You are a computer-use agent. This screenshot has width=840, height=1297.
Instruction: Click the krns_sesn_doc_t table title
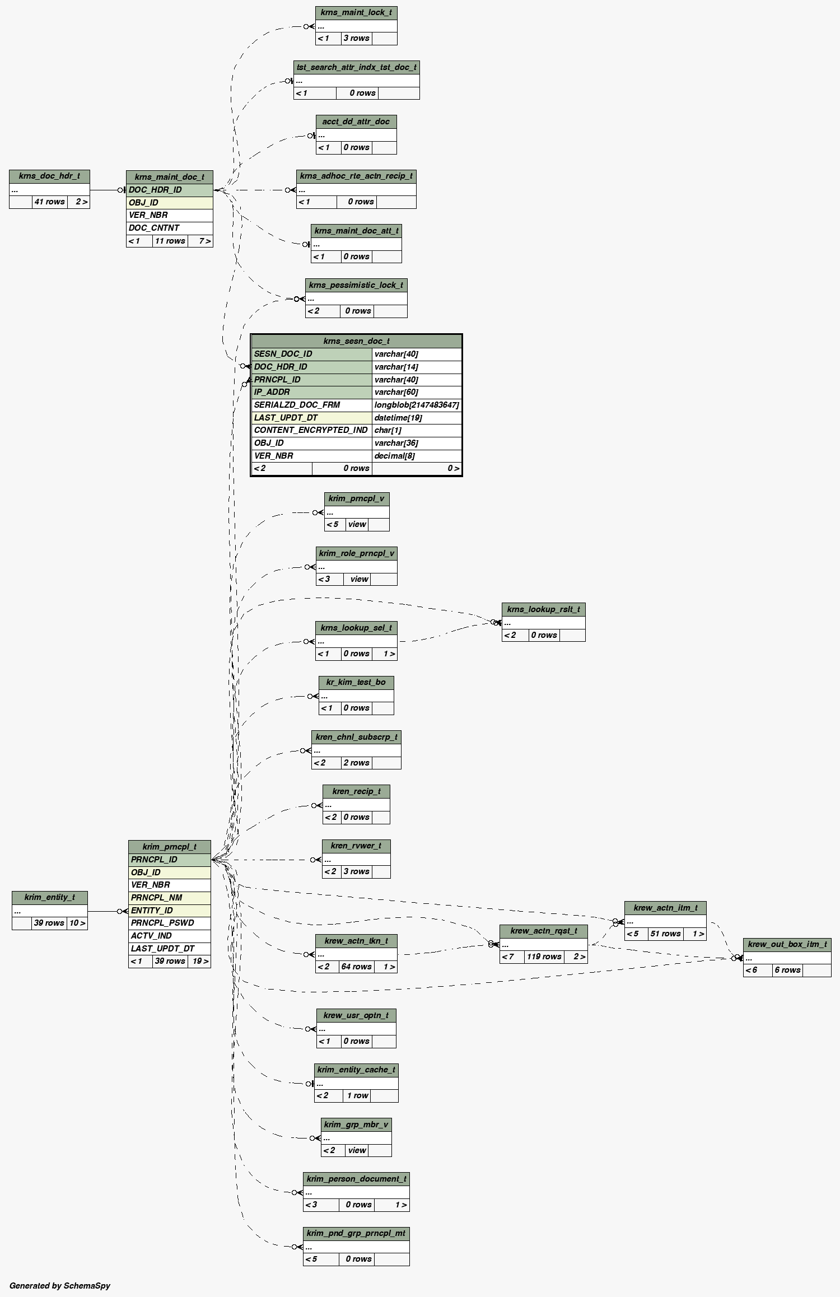tap(356, 341)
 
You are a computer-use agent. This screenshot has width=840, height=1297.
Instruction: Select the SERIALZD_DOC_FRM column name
tap(297, 405)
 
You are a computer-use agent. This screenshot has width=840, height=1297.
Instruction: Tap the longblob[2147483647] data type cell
tap(417, 405)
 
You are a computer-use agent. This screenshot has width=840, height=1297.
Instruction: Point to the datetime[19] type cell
tap(398, 418)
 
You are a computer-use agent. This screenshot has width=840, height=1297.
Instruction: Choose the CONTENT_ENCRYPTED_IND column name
tap(311, 430)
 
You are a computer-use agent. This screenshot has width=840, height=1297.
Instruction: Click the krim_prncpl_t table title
tap(169, 847)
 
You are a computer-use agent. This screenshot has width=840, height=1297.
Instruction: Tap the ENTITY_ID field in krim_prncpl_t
tap(152, 911)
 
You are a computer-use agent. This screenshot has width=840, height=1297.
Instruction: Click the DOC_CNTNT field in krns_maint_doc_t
tap(154, 228)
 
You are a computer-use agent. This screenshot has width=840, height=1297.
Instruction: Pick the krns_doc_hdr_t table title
tap(49, 176)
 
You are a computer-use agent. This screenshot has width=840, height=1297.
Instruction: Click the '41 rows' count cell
tap(49, 202)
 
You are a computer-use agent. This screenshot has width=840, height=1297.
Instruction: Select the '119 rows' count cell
tap(544, 957)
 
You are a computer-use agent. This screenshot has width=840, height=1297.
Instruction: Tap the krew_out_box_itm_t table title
tap(787, 944)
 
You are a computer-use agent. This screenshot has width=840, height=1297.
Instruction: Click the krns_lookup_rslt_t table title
tap(543, 609)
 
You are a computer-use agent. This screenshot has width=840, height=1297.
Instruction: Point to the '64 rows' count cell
tap(356, 967)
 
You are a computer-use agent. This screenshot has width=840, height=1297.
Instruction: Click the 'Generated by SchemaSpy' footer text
tap(60, 1286)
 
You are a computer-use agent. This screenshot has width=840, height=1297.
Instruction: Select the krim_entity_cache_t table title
tap(356, 1070)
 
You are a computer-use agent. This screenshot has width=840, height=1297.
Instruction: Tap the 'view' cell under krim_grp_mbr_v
tap(357, 1150)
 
